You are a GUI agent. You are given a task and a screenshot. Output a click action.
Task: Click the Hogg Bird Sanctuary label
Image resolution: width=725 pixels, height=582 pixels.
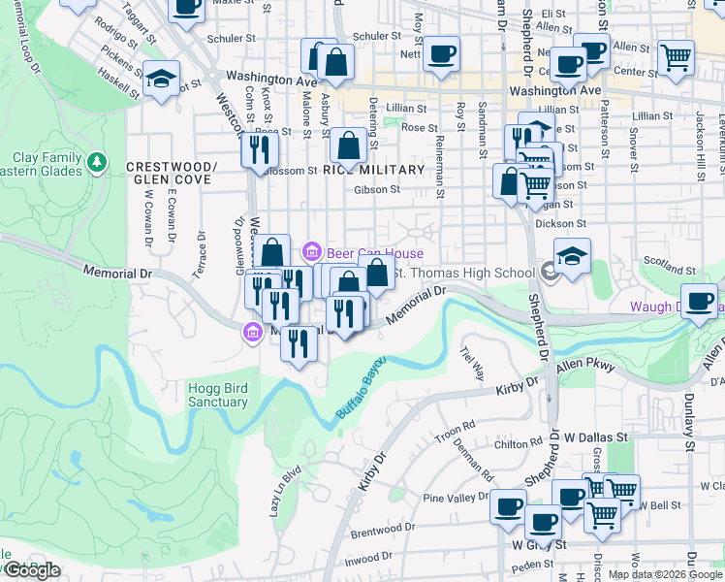coord(217,395)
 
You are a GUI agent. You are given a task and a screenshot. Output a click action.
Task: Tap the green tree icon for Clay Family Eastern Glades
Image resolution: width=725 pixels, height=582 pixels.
coord(96,162)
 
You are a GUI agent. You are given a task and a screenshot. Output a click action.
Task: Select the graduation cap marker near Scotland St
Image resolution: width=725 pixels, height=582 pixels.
coord(572,257)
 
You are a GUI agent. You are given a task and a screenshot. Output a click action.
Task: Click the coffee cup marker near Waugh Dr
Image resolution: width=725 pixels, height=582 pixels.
coord(700,301)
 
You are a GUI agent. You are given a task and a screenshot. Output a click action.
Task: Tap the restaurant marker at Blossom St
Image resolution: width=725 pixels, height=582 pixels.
coord(259,149)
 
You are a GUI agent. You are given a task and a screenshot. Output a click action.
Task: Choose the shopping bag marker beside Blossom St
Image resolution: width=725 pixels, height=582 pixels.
coord(348,146)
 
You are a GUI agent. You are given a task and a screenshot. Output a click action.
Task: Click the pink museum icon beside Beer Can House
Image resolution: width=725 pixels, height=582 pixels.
coord(311,253)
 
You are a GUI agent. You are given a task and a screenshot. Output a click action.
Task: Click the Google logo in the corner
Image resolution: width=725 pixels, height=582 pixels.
coord(32,570)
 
